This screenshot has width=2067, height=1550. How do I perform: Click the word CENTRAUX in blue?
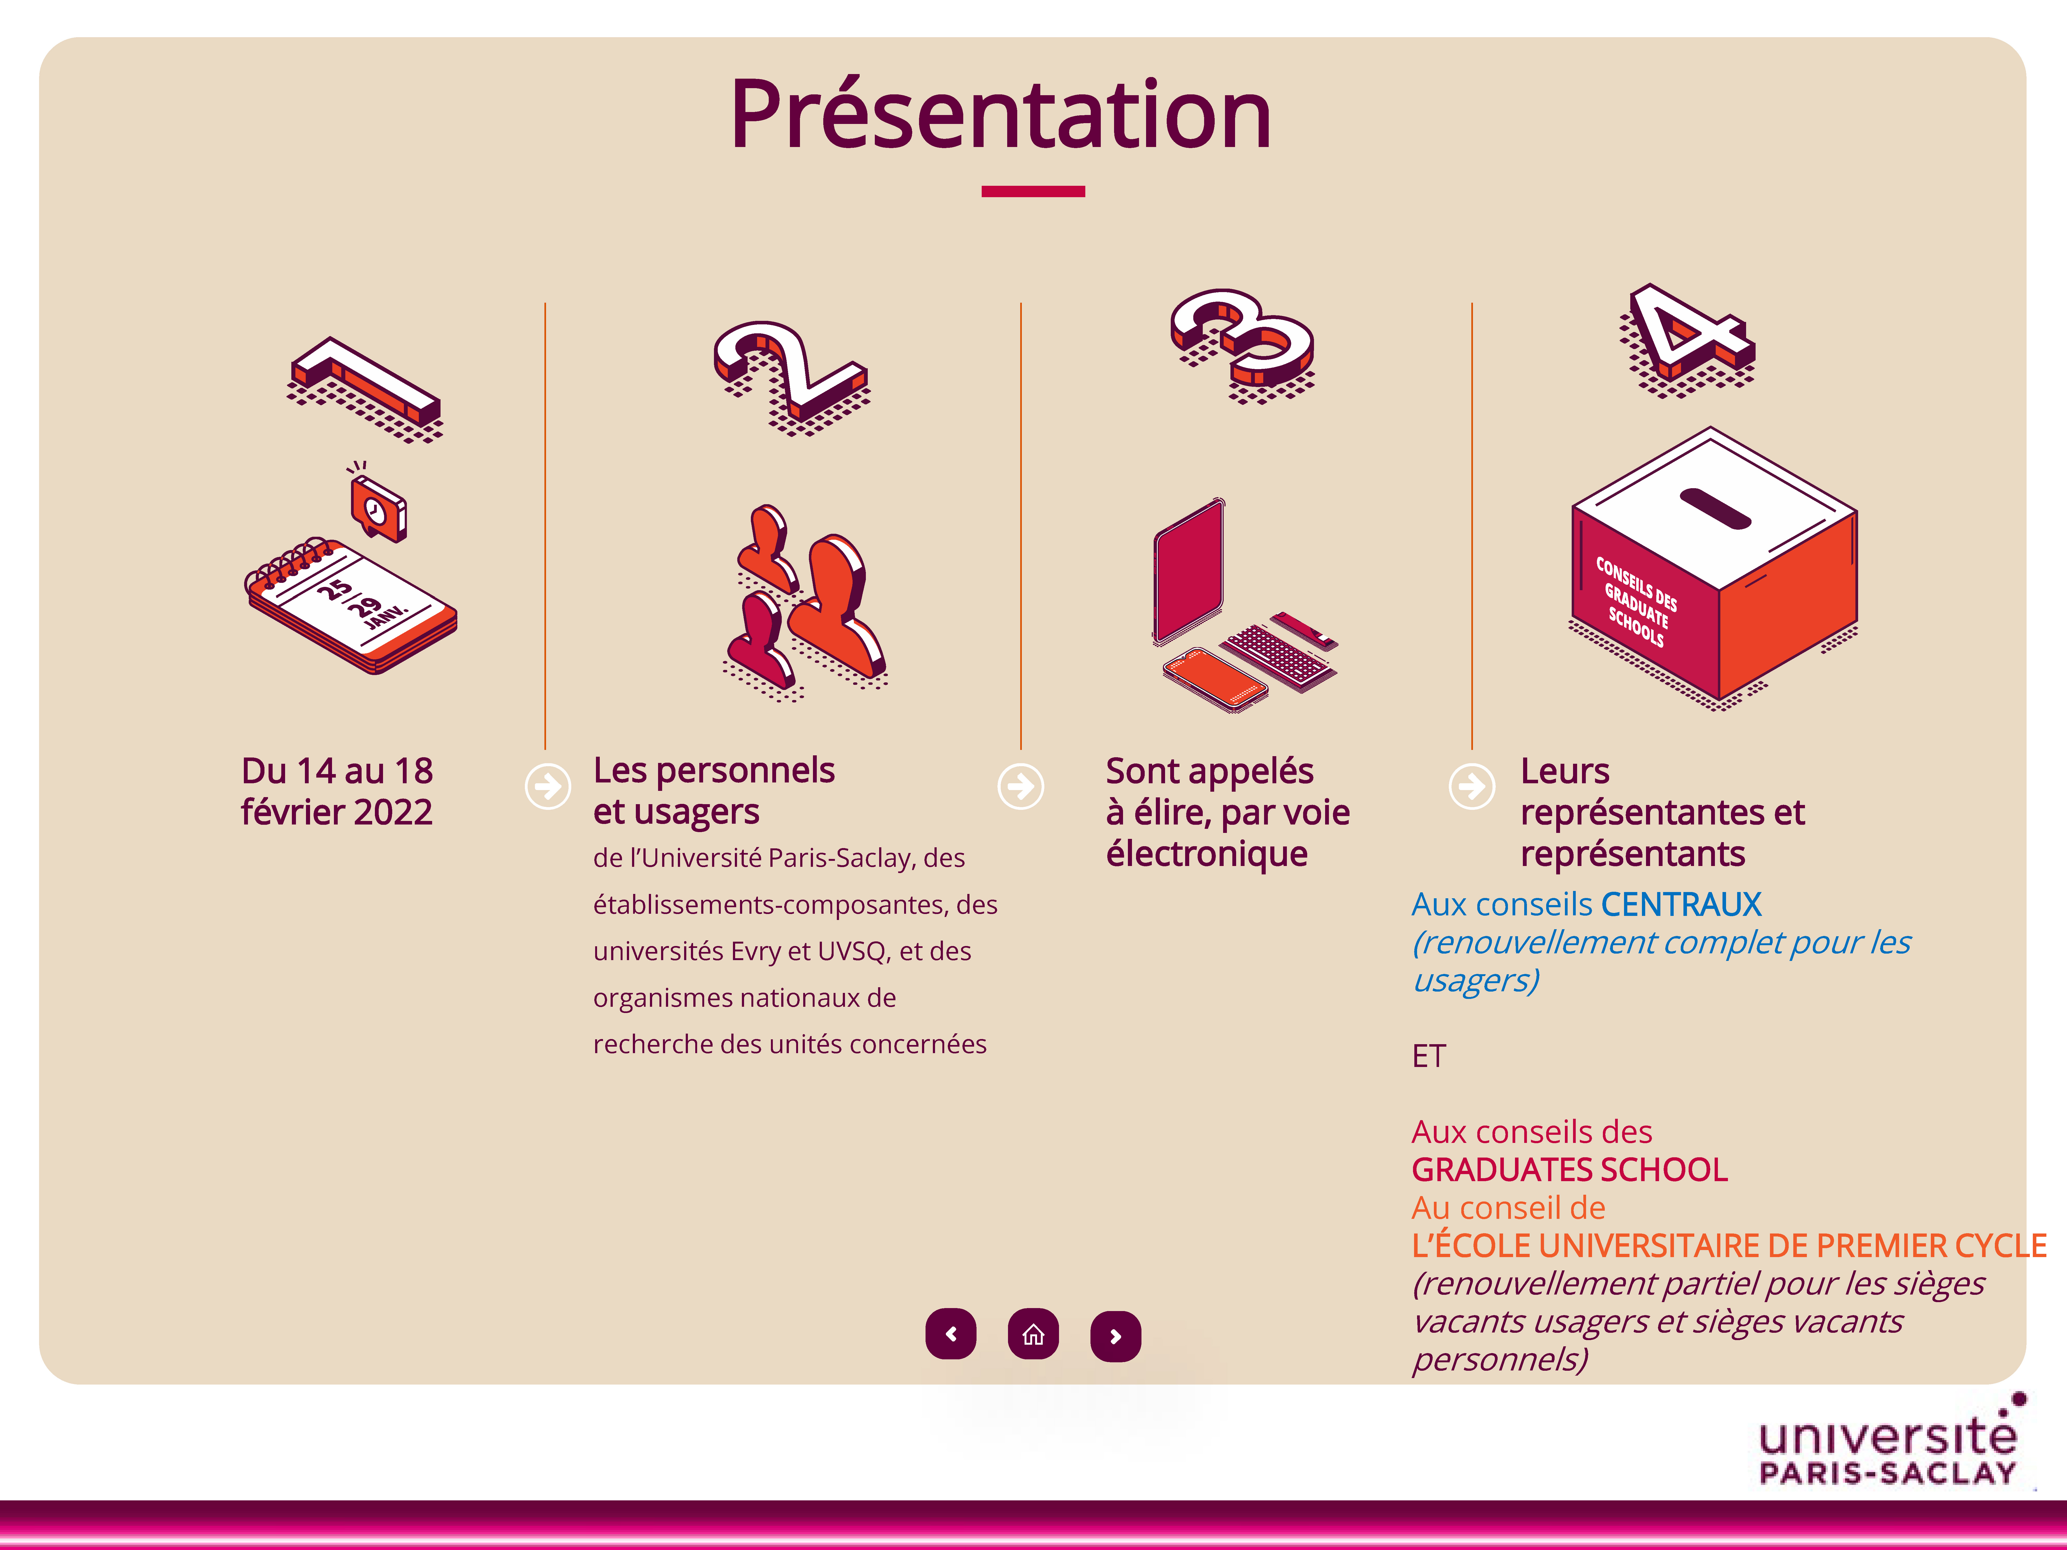(1681, 905)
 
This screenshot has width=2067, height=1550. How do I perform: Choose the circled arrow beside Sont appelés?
(1020, 787)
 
